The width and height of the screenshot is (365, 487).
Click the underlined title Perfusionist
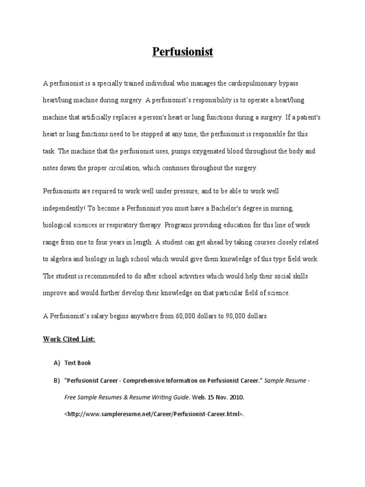click(x=182, y=52)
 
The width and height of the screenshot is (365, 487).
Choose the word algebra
click(x=63, y=259)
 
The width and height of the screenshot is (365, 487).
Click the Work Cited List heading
click(x=69, y=339)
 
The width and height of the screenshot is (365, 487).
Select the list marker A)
click(x=57, y=363)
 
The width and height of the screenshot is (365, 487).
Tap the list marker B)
click(x=57, y=381)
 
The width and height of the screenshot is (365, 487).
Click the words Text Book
click(x=77, y=363)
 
